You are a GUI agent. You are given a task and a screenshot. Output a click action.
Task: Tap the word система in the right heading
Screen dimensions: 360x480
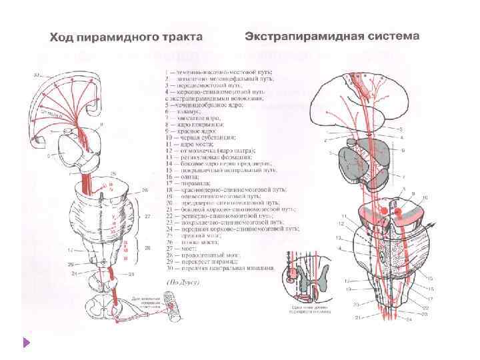[x=394, y=34]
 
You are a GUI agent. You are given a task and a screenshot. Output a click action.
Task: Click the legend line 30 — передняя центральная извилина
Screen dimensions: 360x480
[x=220, y=268]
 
